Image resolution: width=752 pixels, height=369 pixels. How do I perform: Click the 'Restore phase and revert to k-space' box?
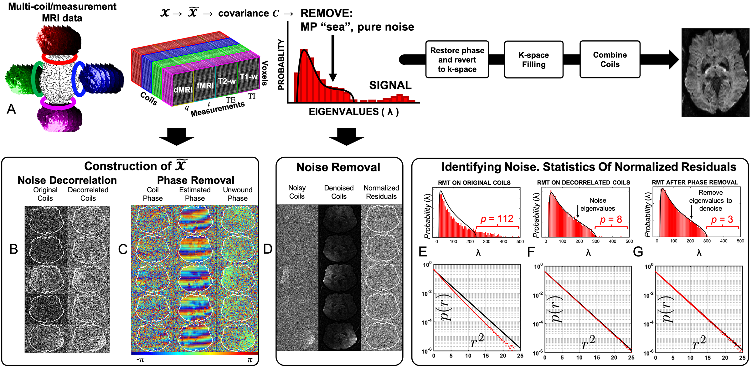tap(457, 59)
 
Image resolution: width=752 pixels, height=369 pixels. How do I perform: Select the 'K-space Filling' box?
tap(533, 59)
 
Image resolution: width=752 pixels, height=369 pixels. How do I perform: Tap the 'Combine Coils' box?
tap(610, 59)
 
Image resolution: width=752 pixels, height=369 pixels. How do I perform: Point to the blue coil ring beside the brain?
tap(78, 79)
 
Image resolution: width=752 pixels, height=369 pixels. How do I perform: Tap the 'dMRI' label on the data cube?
tap(183, 90)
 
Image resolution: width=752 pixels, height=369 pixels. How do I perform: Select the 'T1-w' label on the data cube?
tap(248, 77)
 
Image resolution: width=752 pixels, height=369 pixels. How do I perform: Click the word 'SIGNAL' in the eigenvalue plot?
tap(390, 85)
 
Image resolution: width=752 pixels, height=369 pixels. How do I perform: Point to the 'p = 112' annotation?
tap(497, 219)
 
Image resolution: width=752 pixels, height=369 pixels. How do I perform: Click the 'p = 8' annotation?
tap(611, 220)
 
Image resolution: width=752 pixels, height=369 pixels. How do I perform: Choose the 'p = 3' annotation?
tap(722, 220)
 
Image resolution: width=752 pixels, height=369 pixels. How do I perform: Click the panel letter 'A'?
tap(11, 109)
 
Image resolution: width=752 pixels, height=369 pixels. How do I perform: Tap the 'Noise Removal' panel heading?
tap(338, 167)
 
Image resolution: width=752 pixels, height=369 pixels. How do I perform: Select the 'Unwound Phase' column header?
tap(238, 194)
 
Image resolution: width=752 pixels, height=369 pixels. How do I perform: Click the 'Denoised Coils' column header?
tap(339, 192)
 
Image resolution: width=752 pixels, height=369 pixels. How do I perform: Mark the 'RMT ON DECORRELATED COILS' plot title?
tap(584, 183)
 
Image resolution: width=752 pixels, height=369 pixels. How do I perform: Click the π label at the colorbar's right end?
tap(250, 360)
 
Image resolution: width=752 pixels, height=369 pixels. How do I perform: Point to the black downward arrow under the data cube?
tap(177, 137)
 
